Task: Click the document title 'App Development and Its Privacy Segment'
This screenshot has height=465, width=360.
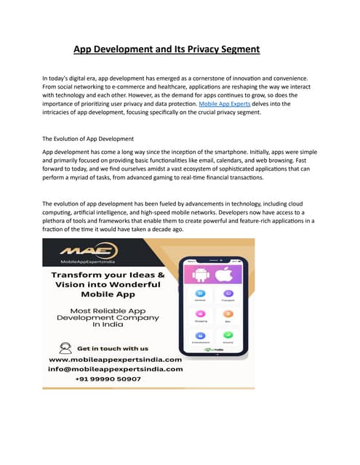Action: coord(167,49)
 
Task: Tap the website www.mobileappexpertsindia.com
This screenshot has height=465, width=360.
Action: coord(115,359)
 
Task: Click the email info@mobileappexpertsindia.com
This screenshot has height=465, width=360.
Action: coord(115,368)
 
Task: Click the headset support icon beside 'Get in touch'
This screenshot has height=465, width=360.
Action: coord(65,347)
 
